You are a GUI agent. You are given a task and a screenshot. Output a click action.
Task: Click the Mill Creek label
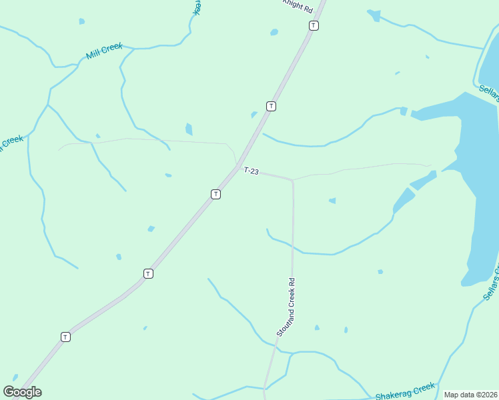pyautogui.click(x=104, y=51)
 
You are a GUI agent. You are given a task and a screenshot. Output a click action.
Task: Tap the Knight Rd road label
pyautogui.click(x=298, y=6)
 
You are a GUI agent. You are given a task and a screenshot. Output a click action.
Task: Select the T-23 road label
pyautogui.click(x=251, y=171)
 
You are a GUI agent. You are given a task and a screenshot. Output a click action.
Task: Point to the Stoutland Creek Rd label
pyautogui.click(x=287, y=307)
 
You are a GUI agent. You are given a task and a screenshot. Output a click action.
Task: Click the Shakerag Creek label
pyautogui.click(x=405, y=391)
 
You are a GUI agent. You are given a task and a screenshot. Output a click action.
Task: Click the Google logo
pyautogui.click(x=22, y=391)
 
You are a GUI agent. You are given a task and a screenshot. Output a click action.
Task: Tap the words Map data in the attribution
pyautogui.click(x=459, y=395)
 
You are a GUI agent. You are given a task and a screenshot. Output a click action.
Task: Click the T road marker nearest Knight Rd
pyautogui.click(x=314, y=25)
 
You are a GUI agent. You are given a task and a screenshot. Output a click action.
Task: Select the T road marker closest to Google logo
pyautogui.click(x=65, y=337)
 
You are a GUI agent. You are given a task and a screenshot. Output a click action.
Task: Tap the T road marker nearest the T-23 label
pyautogui.click(x=215, y=194)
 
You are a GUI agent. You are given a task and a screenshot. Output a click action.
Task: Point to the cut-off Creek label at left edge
pyautogui.click(x=11, y=143)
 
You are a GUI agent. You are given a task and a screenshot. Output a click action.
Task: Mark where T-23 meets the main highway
pyautogui.click(x=237, y=166)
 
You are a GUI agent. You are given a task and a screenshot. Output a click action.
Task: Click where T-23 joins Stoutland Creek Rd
pyautogui.click(x=292, y=180)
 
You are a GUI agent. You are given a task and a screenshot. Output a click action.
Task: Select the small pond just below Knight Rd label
pyautogui.click(x=274, y=32)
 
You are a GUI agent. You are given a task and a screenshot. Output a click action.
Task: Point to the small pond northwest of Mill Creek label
pyautogui.click(x=82, y=21)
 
